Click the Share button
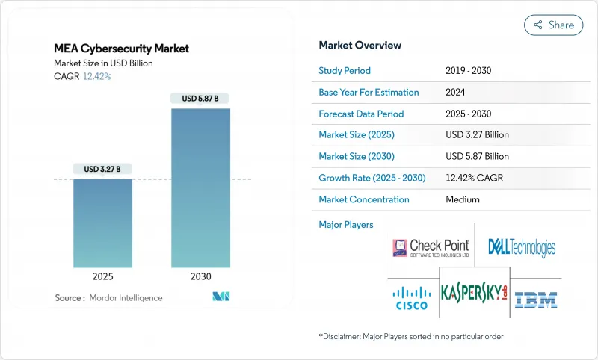click(x=553, y=25)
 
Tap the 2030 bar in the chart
click(x=200, y=194)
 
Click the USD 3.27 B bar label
click(x=102, y=169)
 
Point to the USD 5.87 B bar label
click(x=200, y=99)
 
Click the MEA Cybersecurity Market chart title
click(x=123, y=49)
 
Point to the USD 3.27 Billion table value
click(x=477, y=135)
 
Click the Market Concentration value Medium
click(x=463, y=199)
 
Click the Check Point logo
click(x=431, y=248)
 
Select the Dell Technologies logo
click(x=522, y=247)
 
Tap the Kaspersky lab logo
click(x=474, y=291)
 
